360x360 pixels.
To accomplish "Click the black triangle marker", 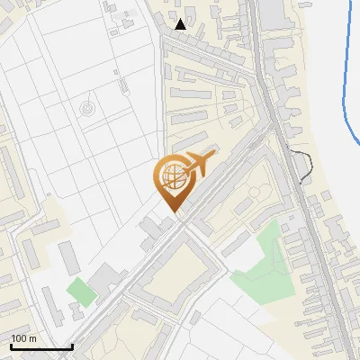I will (x=181, y=24).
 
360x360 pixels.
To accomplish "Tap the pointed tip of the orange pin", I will (x=172, y=211).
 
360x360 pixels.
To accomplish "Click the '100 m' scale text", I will (x=23, y=338).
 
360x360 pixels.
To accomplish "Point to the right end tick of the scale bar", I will (x=72, y=346).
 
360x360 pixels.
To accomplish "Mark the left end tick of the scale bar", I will (x=10, y=346).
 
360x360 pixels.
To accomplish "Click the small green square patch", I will (x=80, y=292).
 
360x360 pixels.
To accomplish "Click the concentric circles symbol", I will (x=86, y=109).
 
